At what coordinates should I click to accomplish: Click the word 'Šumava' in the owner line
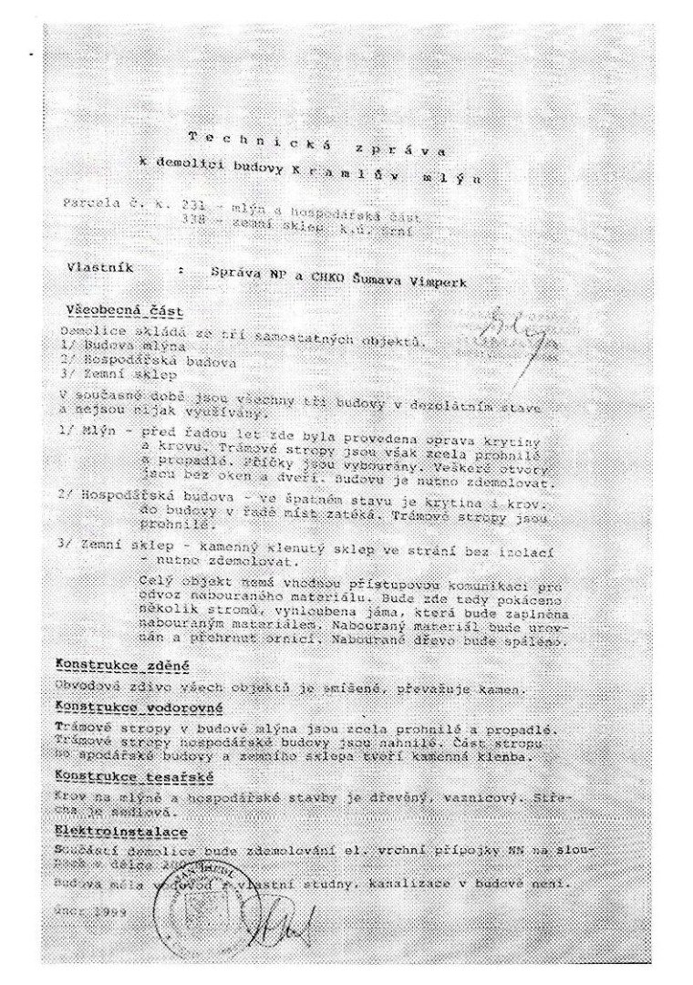coord(374,280)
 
